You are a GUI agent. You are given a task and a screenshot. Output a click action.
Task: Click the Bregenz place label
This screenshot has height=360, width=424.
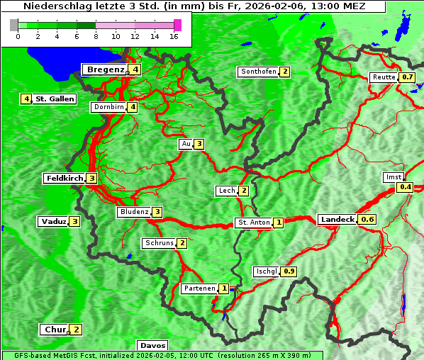click(105, 69)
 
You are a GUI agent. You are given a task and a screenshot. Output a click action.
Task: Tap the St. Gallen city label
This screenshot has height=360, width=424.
click(55, 99)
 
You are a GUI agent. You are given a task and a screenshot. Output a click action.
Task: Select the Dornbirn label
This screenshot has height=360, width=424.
click(108, 107)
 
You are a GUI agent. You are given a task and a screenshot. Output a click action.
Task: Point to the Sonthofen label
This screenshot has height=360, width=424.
click(258, 72)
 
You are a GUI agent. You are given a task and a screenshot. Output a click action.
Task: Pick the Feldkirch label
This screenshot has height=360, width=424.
click(64, 179)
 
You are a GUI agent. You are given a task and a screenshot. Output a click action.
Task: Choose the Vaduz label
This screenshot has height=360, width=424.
click(53, 221)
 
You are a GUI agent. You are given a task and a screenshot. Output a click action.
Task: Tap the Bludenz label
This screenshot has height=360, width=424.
click(134, 212)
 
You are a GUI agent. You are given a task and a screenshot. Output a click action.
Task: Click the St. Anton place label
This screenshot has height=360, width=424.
click(253, 223)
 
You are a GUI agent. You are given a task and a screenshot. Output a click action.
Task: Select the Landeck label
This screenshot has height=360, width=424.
click(337, 220)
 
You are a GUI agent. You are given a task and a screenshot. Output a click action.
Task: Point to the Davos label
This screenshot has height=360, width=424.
click(152, 345)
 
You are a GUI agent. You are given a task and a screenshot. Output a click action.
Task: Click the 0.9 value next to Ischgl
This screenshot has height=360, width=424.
click(289, 271)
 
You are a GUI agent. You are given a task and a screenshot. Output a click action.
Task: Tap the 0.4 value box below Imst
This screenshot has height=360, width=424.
click(405, 187)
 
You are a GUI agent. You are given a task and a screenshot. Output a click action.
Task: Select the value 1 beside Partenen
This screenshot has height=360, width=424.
click(224, 288)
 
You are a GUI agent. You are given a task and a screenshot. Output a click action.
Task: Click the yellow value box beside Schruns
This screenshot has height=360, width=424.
click(182, 243)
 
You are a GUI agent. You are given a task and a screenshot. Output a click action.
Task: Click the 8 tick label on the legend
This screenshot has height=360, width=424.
click(96, 36)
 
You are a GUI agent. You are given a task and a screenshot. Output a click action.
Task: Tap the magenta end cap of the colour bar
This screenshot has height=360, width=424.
click(177, 25)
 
